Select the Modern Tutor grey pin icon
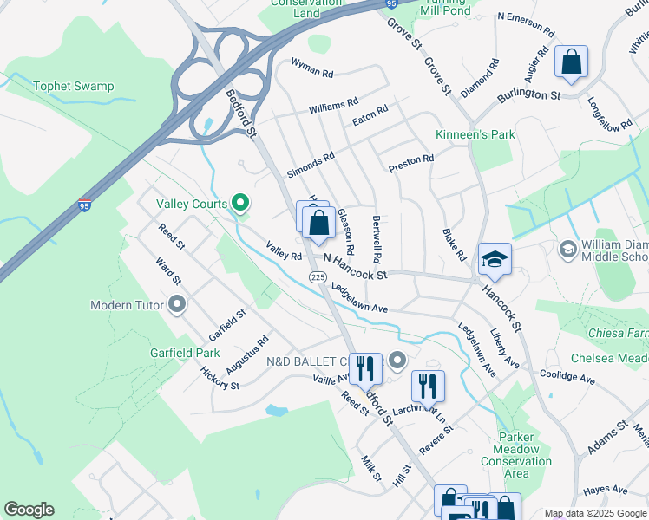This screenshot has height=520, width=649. pos(178,304)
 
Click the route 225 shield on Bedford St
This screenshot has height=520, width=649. pos(317,276)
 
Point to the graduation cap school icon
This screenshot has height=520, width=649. pos(495,260)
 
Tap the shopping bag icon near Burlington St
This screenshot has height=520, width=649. pos(571,62)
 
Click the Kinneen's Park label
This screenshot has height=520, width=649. pos(475,134)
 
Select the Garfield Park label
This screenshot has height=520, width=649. pos(183,353)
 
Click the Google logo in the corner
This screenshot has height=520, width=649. pos(29,510)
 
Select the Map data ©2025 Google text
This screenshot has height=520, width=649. pos(594,513)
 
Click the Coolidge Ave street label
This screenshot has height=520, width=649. pos(567,379)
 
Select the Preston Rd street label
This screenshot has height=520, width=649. pos(411,161)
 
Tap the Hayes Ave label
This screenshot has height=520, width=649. pos(605,491)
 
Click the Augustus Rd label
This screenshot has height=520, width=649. pos(247,356)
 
